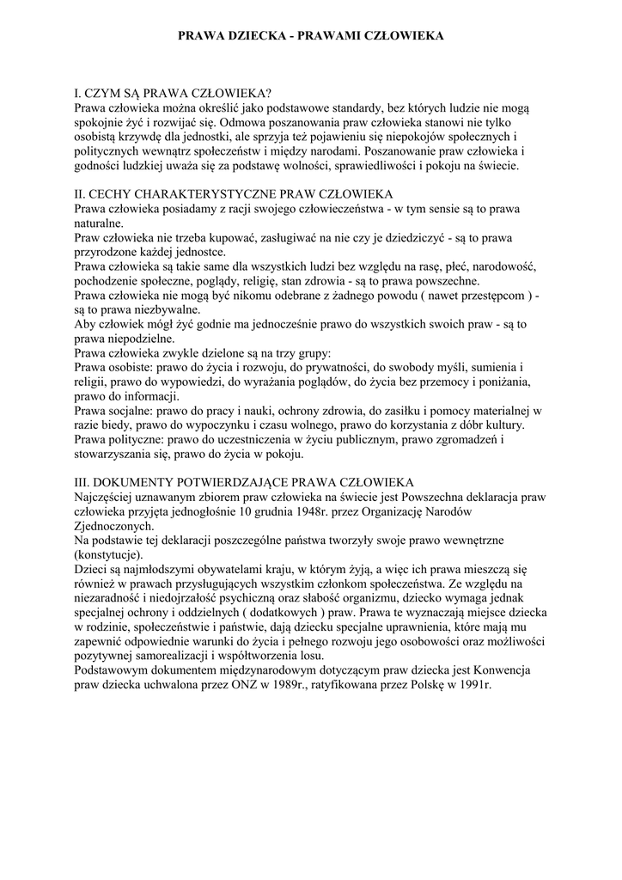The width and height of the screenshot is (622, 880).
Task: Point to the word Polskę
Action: point(416,685)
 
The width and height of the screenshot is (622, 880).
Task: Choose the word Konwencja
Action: point(503,670)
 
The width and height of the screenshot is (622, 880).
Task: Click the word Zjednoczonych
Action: point(114,526)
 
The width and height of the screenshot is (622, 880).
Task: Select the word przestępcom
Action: point(487,295)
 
